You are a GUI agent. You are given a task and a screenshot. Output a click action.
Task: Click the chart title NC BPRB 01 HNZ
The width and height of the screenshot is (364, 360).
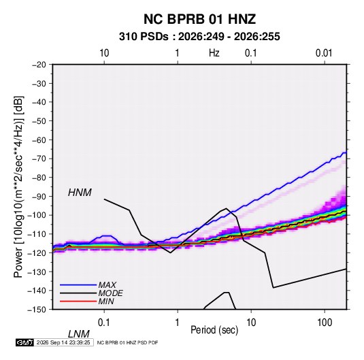coord(199,19)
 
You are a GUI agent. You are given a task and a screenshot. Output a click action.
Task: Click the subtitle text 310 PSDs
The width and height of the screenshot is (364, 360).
coord(144,37)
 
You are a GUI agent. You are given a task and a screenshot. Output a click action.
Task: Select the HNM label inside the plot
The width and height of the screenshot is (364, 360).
coord(80,193)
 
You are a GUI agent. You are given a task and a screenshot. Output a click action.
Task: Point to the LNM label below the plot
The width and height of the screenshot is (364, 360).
coord(78,334)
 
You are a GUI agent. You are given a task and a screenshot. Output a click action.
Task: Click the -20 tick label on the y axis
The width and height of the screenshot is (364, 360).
coord(39,65)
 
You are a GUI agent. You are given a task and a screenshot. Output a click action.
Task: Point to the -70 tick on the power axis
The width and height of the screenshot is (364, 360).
coord(39,159)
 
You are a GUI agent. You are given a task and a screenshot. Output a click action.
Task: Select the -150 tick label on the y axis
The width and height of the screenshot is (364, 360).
coord(37,310)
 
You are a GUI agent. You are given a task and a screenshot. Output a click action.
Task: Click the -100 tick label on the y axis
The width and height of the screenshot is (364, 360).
coord(37,215)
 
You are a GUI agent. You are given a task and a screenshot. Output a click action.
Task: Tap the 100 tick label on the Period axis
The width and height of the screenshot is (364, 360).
coord(325,323)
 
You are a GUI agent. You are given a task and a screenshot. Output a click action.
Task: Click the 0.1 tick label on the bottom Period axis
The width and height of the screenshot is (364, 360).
coord(104,323)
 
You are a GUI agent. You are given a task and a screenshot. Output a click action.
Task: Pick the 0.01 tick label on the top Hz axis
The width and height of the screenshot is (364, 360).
coord(324,53)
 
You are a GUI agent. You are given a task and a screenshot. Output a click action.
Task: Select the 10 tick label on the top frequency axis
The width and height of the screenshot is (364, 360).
coord(104,53)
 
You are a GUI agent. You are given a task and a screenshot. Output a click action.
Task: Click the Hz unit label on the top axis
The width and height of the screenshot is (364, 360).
coord(214,53)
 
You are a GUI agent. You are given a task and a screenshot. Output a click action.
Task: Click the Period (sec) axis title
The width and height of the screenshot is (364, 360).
coord(214,330)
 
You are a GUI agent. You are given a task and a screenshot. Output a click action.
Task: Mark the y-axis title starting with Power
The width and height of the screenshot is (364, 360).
coord(18,187)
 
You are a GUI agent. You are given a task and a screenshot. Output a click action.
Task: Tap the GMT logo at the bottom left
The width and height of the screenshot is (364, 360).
coord(25,342)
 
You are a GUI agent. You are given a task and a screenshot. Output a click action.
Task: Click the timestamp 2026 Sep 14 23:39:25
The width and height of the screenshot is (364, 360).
coord(63,342)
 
